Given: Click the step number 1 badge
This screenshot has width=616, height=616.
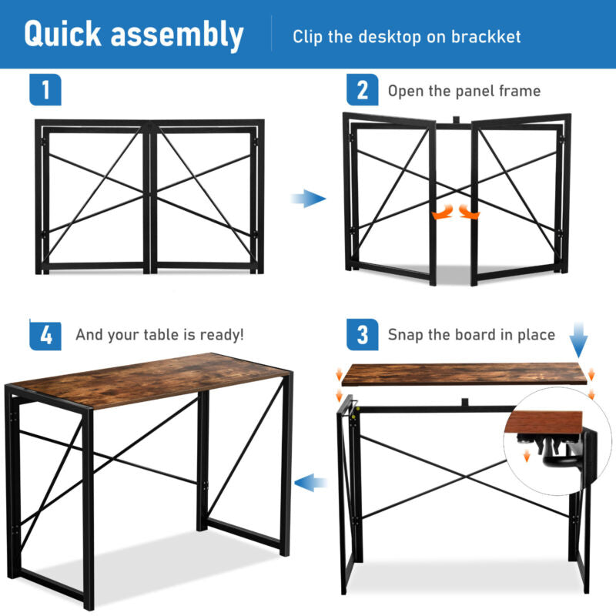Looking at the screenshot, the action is click(45, 89).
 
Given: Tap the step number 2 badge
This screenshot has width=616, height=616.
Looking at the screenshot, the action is click(362, 89).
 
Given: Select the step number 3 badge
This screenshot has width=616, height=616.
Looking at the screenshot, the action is click(362, 334).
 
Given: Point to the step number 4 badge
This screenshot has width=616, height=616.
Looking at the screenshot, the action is click(45, 334).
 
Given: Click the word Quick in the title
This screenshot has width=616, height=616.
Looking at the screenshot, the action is click(63, 35).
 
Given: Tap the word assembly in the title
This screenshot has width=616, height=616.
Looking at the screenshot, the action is click(177, 35).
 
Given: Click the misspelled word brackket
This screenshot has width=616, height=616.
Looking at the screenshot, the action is click(486, 36).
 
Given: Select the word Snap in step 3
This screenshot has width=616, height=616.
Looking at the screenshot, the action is click(406, 335).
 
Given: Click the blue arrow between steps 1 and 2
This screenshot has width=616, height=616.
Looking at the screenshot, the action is click(309, 199).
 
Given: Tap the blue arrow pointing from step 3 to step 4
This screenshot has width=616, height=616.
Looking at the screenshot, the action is click(310, 483).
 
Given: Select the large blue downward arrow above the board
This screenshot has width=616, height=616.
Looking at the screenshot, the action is click(579, 340).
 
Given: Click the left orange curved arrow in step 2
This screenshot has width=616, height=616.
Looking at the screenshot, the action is click(443, 213).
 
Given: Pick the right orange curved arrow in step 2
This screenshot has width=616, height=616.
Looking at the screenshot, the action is click(469, 213).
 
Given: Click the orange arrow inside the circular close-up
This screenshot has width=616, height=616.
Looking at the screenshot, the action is click(527, 456).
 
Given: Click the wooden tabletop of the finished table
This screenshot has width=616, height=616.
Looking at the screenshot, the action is click(150, 379).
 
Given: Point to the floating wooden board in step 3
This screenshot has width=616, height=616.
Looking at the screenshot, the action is click(464, 374).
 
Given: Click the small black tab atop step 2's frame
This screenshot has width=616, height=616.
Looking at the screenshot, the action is click(456, 120).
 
